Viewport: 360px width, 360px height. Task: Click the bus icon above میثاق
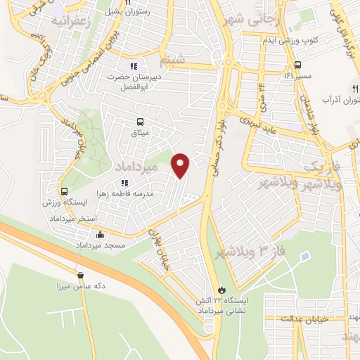point(137,121)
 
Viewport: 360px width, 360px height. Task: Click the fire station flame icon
point(222,289)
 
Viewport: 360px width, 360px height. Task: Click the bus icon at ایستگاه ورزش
point(65,191)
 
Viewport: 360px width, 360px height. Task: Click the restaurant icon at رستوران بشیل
point(128,2)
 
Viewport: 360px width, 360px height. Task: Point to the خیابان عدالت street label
point(305,319)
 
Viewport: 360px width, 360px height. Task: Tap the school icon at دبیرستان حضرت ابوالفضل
point(134,66)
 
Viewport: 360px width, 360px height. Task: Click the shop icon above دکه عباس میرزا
point(80,275)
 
